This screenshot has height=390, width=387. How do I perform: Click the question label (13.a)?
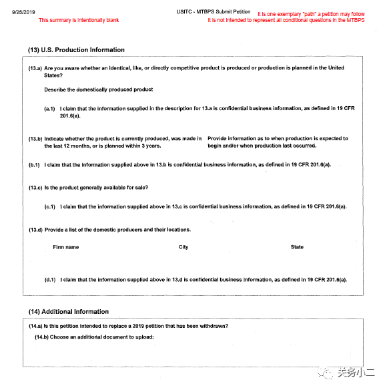(35, 68)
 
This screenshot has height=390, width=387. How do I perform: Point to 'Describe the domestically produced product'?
(99, 89)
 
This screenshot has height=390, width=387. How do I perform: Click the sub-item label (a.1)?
(50, 108)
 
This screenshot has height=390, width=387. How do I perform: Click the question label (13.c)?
(35, 187)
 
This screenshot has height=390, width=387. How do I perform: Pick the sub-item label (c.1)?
(50, 207)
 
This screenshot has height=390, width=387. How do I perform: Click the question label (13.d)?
(35, 230)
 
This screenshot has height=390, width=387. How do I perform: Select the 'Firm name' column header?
(66, 247)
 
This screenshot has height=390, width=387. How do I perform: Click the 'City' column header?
(183, 247)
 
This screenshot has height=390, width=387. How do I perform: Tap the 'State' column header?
(297, 247)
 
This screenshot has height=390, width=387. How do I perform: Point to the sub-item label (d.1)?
(50, 280)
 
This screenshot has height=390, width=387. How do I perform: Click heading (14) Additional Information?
(68, 312)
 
